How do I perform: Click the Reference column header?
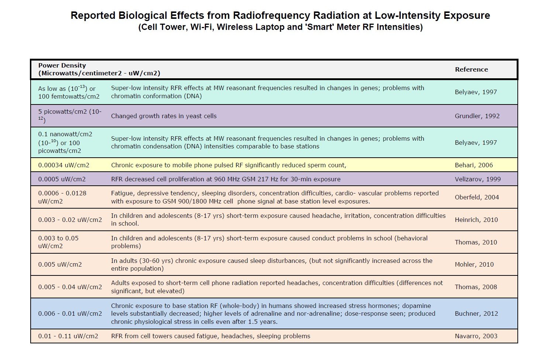tap(471, 69)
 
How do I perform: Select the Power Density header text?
tap(62, 65)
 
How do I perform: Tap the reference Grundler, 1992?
tap(477, 116)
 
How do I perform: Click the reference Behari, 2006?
tap(473, 165)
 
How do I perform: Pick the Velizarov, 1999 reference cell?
tap(478, 179)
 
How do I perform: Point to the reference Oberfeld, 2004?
tap(476, 197)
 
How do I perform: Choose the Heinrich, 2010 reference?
tap(476, 220)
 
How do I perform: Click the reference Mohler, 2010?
tap(474, 264)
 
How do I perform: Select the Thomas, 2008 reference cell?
tap(476, 287)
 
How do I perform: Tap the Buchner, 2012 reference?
tap(476, 313)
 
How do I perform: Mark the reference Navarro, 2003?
tap(476, 336)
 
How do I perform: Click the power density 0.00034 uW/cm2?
tap(63, 165)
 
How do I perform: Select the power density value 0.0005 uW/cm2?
tap(62, 179)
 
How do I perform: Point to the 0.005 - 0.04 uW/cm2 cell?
tap(70, 287)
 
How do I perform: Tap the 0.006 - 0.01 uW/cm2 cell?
tap(70, 313)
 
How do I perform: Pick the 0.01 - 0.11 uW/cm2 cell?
tap(68, 336)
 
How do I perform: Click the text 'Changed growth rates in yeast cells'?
tap(163, 116)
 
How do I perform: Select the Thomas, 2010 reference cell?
tap(476, 242)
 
